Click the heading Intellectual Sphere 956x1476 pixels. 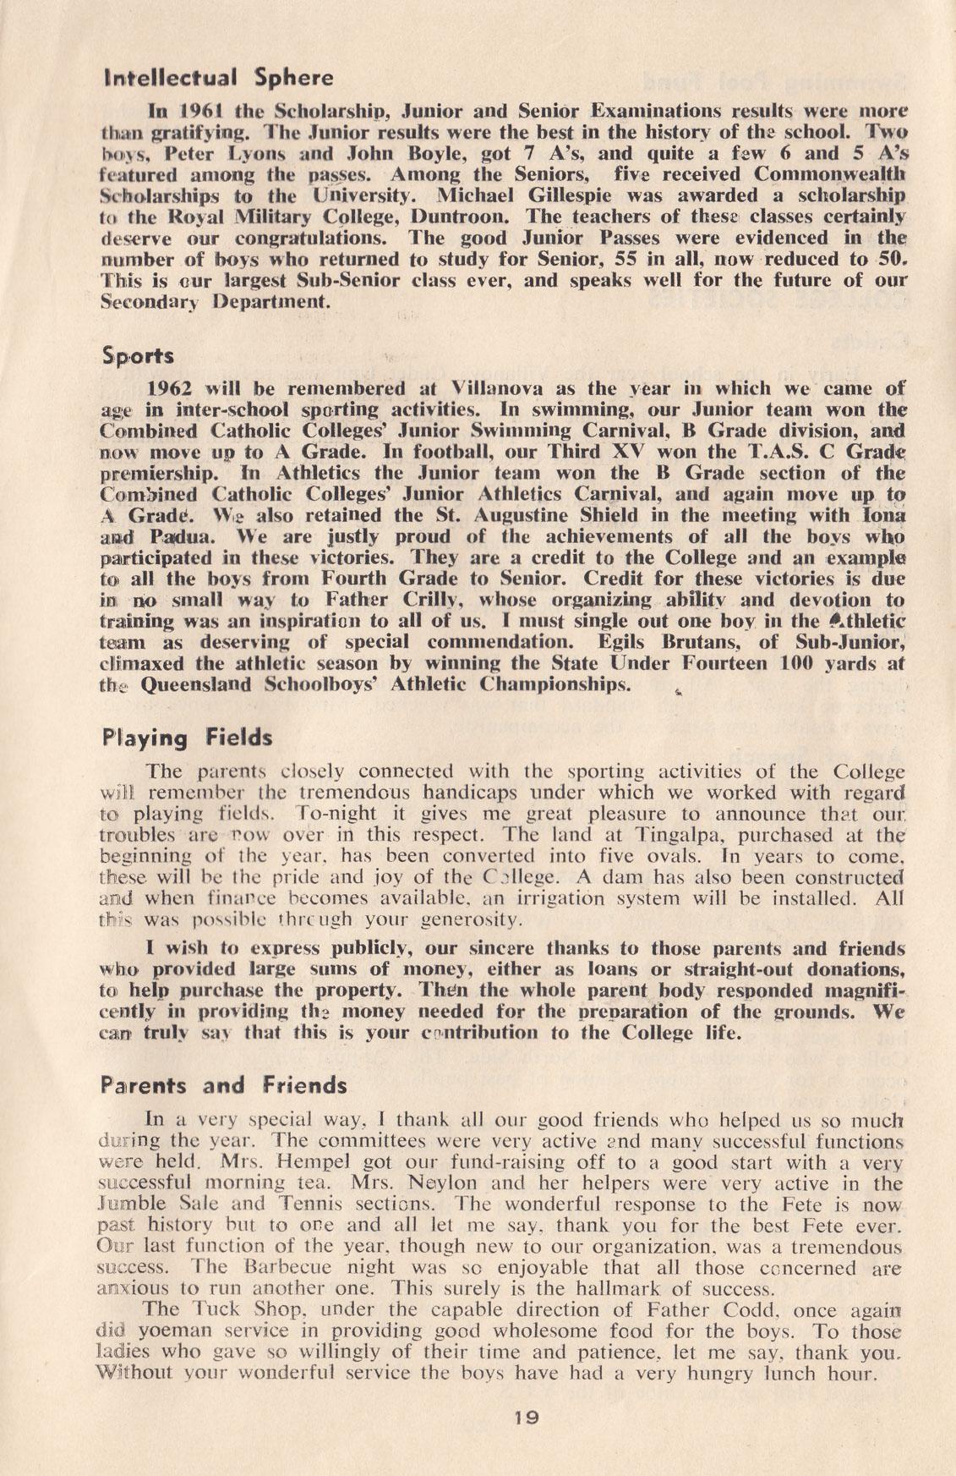216,79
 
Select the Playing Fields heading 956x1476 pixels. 187,738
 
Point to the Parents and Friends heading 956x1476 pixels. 223,1084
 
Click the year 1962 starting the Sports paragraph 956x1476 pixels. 171,389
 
